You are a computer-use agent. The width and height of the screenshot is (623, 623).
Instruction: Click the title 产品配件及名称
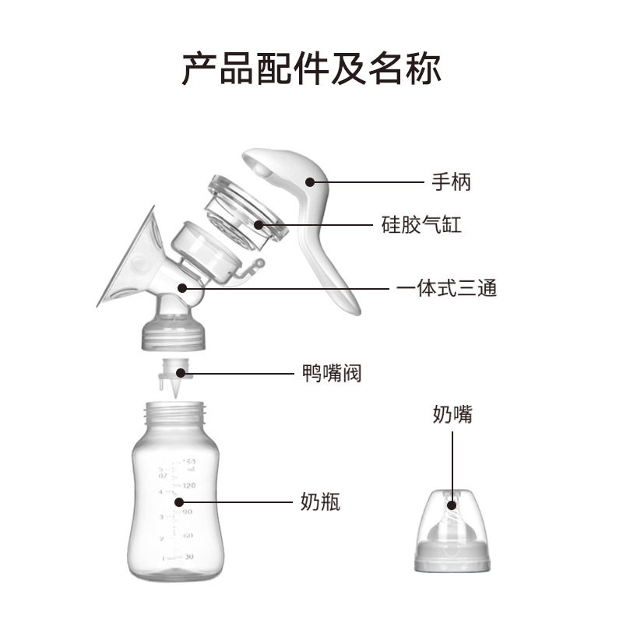pos(311,69)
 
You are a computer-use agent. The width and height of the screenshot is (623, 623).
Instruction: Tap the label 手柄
pos(452,182)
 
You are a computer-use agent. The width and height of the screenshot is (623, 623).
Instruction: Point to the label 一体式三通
pos(446,288)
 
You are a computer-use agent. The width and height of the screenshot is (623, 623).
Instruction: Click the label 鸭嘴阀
pos(332,374)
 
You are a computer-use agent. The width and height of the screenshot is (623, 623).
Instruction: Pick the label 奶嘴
pos(452,414)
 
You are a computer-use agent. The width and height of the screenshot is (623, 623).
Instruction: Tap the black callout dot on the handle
pos(309,182)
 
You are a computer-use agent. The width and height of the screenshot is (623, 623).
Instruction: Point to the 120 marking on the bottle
pos(188,485)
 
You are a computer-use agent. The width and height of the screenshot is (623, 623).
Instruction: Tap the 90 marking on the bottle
pos(188,512)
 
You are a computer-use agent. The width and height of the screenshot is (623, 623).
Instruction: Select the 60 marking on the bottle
pos(188,536)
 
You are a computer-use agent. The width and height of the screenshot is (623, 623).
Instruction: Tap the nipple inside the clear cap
pos(452,518)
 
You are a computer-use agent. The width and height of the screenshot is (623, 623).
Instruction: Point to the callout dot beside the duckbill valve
pos(188,375)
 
